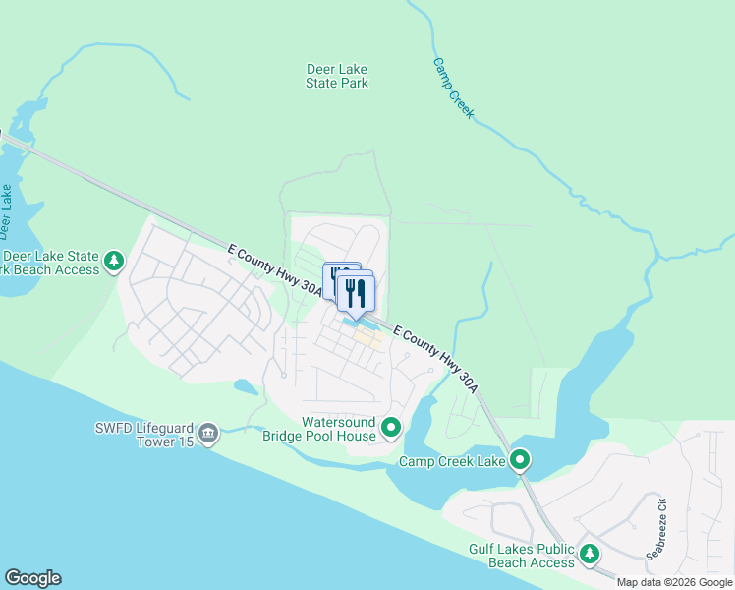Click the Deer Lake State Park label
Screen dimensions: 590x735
click(337, 76)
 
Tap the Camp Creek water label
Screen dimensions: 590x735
click(453, 88)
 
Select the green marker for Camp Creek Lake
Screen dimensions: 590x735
click(520, 459)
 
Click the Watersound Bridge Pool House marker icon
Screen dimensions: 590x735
click(391, 427)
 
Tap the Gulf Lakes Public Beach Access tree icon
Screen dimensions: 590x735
click(590, 555)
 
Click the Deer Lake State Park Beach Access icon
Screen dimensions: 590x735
click(116, 261)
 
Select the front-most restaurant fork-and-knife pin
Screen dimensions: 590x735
click(357, 292)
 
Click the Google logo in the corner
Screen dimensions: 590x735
click(32, 578)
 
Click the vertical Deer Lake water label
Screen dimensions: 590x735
click(6, 210)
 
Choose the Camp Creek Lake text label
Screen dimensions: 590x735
click(451, 461)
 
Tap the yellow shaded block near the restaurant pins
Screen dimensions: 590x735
click(368, 339)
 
